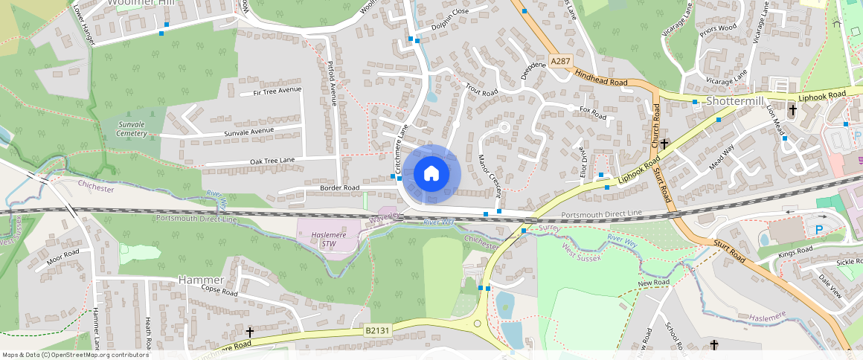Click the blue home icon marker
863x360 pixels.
(431, 174)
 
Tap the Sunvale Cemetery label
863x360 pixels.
(132, 128)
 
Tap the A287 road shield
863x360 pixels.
(562, 60)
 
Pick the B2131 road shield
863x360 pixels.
(376, 330)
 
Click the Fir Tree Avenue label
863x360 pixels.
(277, 91)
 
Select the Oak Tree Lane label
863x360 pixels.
(272, 161)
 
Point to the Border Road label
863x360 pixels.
(339, 188)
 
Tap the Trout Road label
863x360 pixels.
(481, 90)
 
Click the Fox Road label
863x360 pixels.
(593, 113)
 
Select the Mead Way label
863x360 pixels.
(721, 157)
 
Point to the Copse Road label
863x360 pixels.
(219, 292)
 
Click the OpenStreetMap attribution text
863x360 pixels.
(76, 355)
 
